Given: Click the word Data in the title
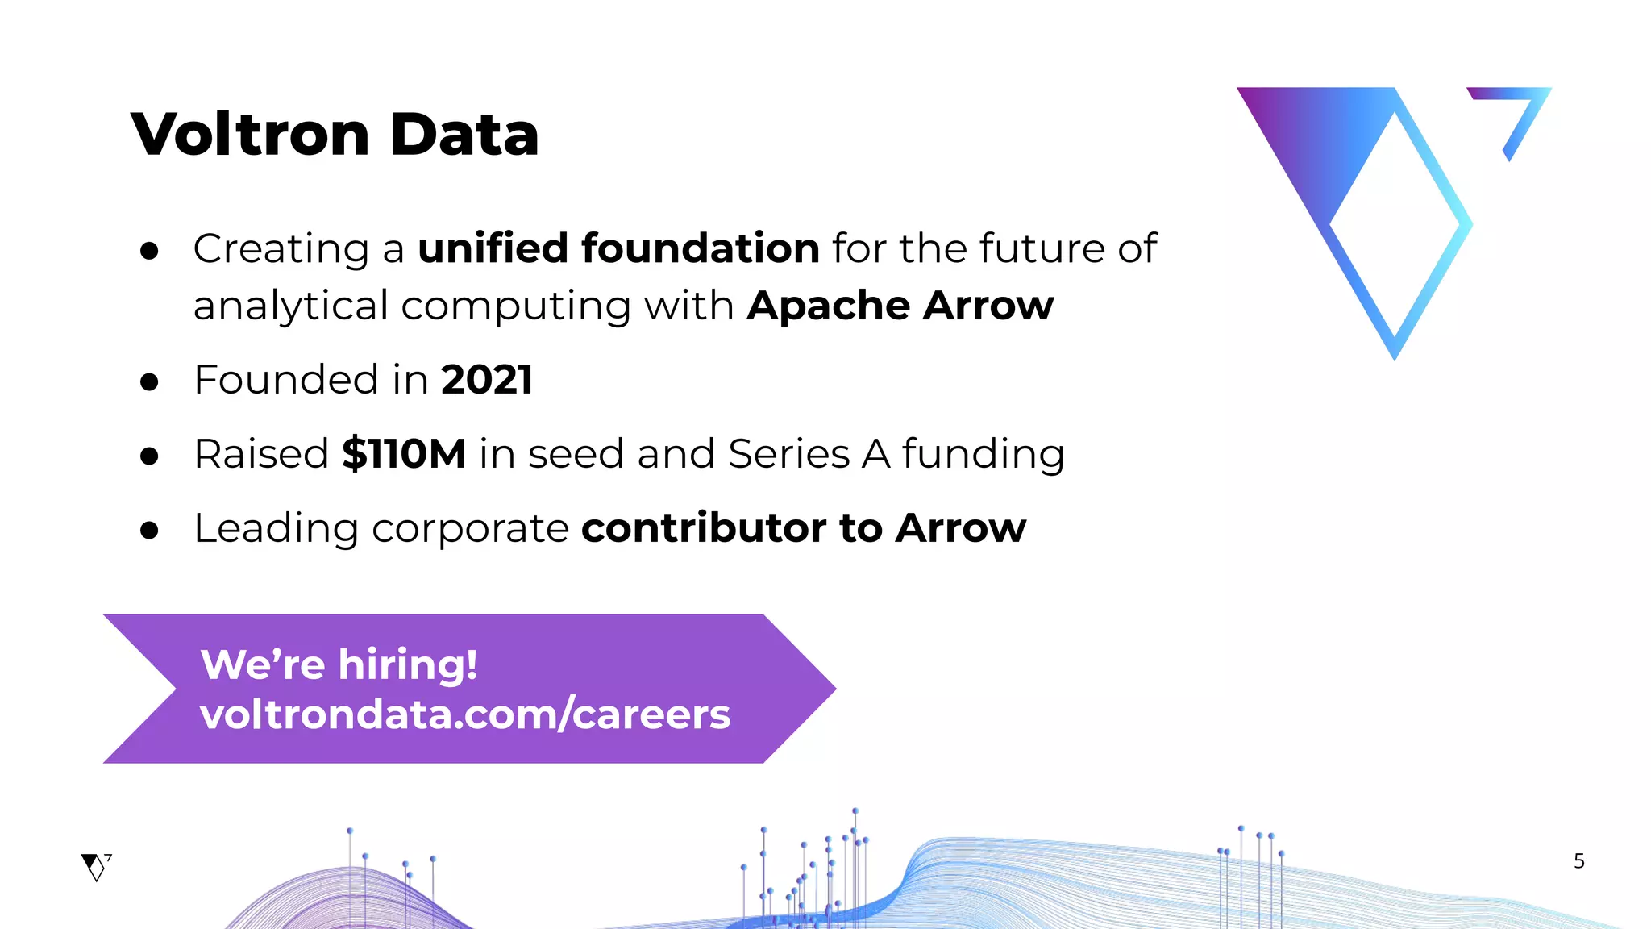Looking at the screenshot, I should point(464,134).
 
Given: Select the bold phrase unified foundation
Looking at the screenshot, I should point(618,248).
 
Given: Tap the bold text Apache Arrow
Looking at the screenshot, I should point(900,306).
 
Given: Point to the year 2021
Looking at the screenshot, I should point(487,380).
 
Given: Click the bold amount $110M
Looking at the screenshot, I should point(403,453).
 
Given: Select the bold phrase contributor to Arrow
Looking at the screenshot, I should point(804,528).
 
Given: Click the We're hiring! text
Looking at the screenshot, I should point(339,664).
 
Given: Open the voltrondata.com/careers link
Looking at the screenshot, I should point(465,714).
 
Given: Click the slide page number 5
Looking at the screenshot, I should point(1578,861).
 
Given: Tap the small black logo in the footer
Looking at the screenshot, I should point(96,867).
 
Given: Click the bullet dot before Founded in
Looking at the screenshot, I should point(149,381).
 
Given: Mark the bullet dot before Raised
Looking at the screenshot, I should point(149,456).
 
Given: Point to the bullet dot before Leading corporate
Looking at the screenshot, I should point(149,531).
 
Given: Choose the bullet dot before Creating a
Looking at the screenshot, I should point(149,251).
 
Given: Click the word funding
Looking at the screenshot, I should point(983,453).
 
